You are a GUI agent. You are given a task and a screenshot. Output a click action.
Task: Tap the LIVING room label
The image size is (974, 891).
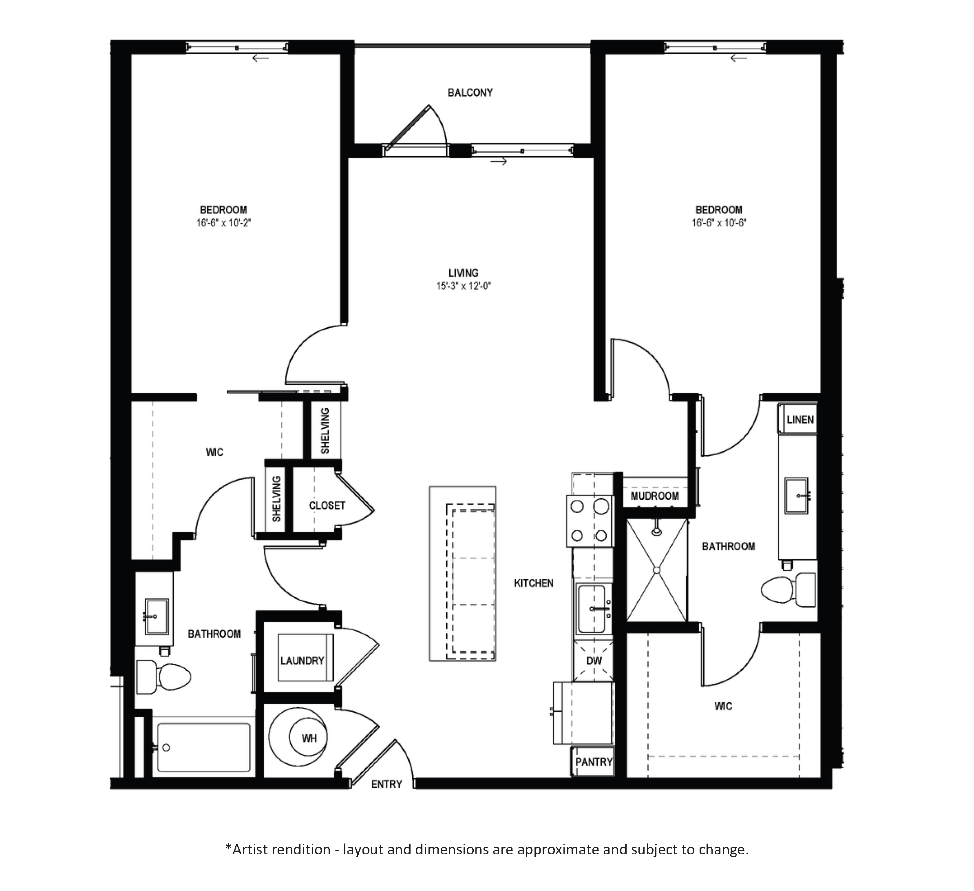click(x=463, y=273)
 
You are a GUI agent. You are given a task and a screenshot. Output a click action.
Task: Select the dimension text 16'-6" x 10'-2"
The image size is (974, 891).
click(x=224, y=223)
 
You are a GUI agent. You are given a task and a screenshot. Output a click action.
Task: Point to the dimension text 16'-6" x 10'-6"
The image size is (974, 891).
click(x=719, y=223)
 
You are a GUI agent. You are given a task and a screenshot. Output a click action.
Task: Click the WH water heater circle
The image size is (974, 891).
click(x=308, y=738)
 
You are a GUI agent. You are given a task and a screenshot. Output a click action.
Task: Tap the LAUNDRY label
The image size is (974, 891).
click(x=303, y=660)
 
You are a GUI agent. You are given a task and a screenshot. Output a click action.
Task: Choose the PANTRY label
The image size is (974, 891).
click(x=594, y=762)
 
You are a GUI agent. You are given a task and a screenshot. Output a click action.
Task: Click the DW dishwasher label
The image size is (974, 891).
click(x=594, y=661)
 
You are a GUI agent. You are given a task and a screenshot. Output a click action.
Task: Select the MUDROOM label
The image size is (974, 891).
click(x=655, y=496)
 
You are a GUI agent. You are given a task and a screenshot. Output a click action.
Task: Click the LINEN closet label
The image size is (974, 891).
click(x=800, y=420)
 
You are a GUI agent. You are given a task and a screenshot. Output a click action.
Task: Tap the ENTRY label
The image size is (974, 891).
click(x=387, y=784)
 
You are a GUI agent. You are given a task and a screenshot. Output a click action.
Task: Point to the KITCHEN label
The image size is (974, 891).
click(x=534, y=583)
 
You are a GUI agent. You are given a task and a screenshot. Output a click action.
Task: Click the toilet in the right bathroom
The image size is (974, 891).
click(x=788, y=590)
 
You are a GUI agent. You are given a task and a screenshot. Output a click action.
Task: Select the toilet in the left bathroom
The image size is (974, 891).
click(x=163, y=677)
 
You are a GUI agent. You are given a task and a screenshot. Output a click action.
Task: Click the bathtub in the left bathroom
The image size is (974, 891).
click(x=203, y=747)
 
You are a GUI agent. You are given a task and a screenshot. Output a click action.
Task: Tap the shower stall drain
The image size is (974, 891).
click(x=656, y=570)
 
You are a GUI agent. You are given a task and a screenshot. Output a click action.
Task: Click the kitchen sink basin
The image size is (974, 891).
click(x=592, y=609)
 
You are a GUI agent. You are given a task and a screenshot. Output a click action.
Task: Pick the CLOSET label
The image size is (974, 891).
click(x=327, y=506)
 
